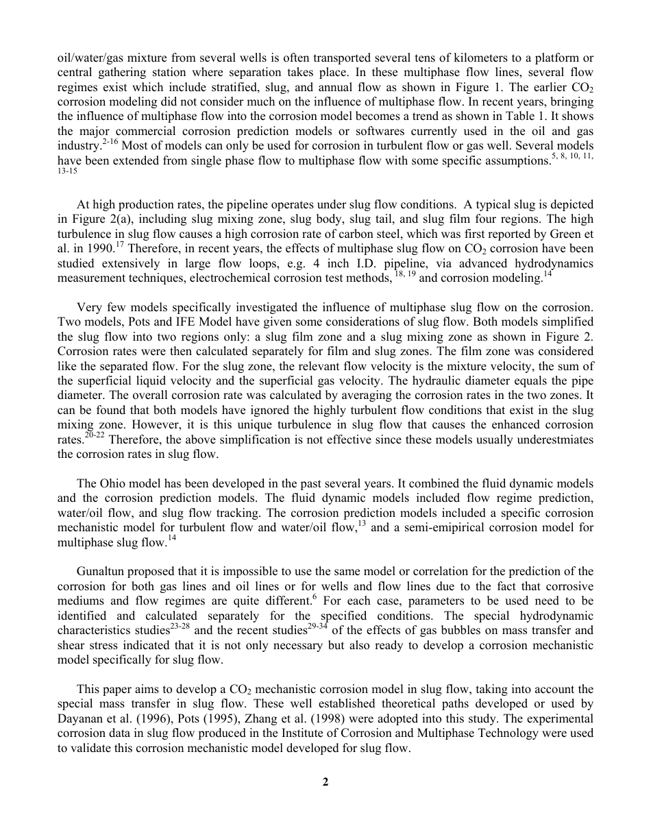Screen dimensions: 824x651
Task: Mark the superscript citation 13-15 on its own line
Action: coord(68,171)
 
